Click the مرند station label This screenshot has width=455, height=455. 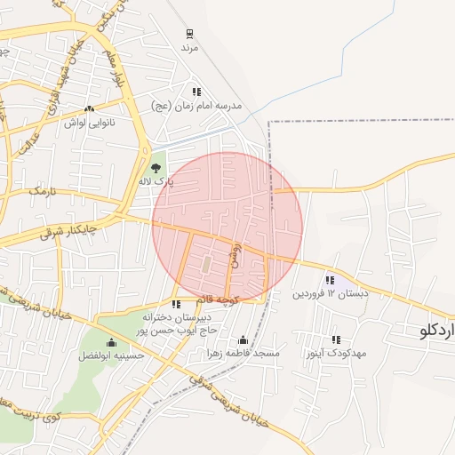pos(188,46)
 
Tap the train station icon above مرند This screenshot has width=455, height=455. pos(189,34)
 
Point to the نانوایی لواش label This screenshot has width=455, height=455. pos(89,123)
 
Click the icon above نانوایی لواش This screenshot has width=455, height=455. pos(89,109)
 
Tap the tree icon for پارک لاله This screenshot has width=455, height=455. pos(156,167)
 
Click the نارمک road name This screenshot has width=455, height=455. pos(41,191)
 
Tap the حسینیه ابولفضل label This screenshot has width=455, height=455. pos(111,355)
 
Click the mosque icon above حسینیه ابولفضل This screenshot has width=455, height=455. pos(111,343)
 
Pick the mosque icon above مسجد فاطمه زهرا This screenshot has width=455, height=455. pos(243,340)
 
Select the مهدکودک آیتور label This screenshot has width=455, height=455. pos(336,353)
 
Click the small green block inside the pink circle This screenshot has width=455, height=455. pos(206,265)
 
